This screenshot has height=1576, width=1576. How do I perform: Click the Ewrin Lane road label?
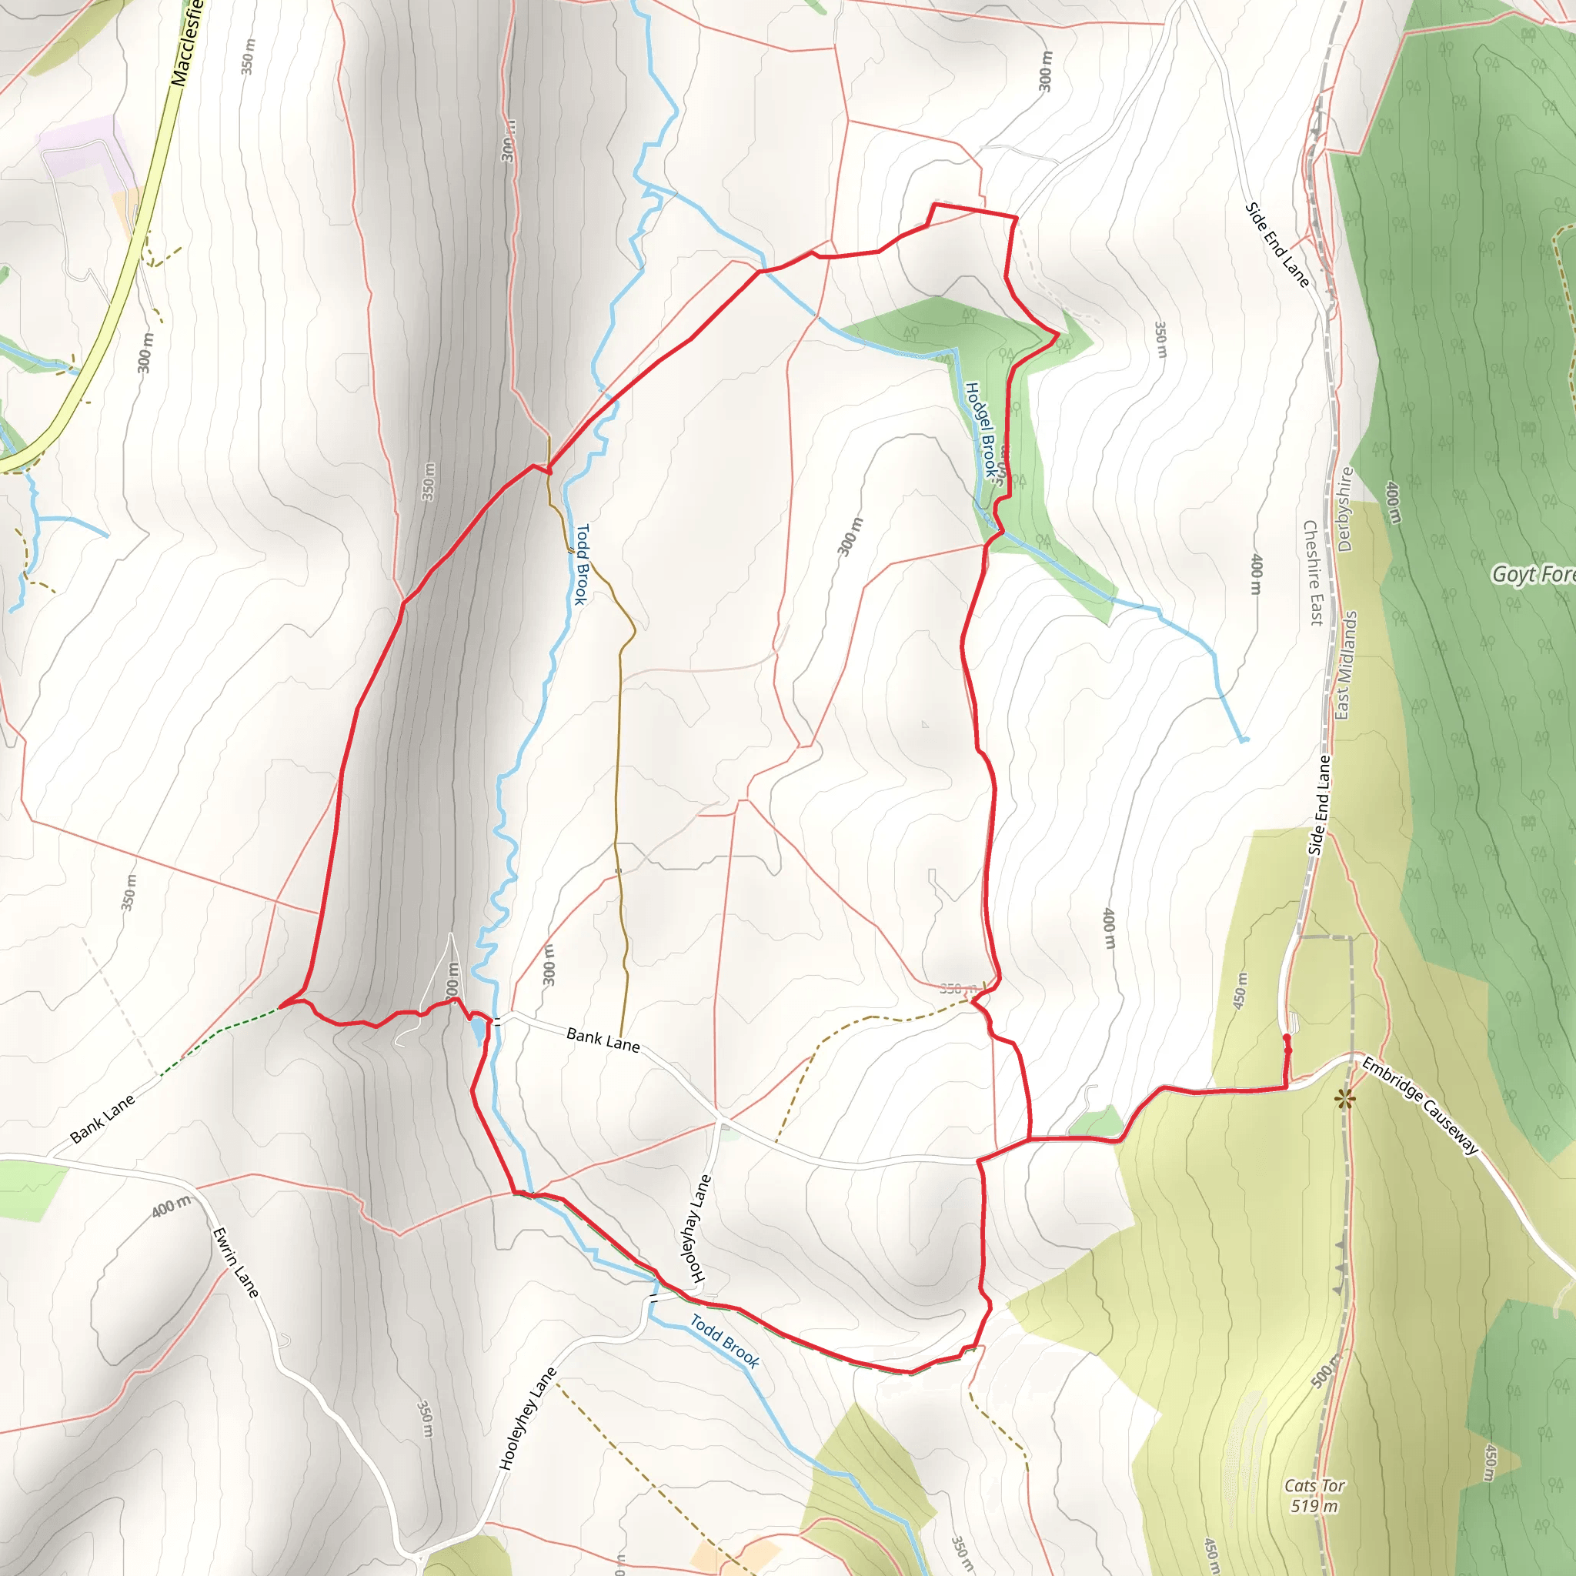(x=235, y=1263)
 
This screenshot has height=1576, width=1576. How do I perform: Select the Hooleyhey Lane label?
(x=528, y=1418)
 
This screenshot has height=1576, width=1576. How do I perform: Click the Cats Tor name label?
(x=1314, y=1485)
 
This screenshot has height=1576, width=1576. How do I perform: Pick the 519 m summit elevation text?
(x=1314, y=1506)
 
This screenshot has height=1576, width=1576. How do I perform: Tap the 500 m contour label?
(x=1326, y=1371)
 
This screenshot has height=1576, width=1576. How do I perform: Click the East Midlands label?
(x=1344, y=665)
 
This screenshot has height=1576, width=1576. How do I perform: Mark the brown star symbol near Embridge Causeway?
(x=1344, y=1100)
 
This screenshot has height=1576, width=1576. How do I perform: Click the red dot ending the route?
(x=1287, y=1037)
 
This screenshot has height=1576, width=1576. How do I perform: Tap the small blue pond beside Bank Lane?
(x=476, y=1032)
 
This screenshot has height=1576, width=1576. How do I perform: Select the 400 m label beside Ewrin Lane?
(x=172, y=1205)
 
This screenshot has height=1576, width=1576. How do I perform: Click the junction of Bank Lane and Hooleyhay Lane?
(x=718, y=1116)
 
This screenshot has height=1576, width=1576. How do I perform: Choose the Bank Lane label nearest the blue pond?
(x=603, y=1040)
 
